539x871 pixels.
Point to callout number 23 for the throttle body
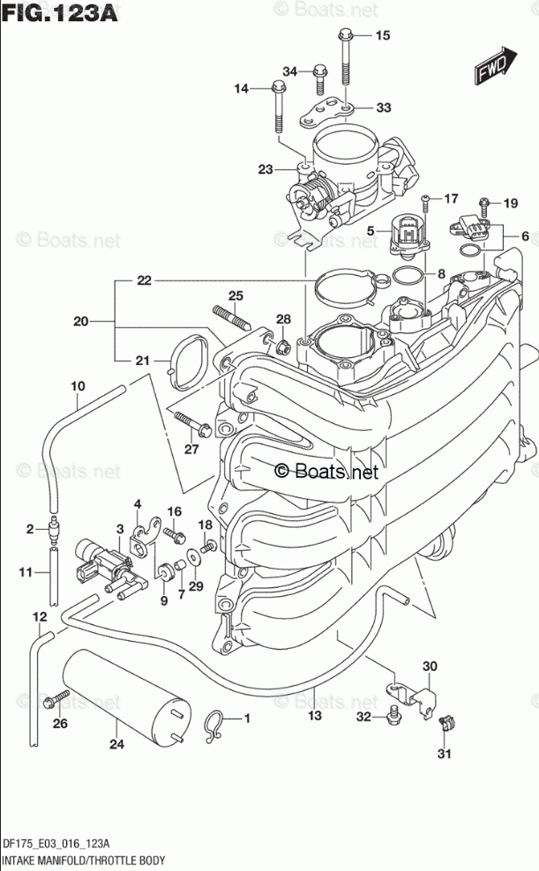point(266,169)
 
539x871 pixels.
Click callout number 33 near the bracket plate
point(383,108)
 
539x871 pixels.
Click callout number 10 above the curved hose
point(78,386)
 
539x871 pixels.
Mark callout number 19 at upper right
point(510,204)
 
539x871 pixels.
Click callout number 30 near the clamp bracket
point(430,666)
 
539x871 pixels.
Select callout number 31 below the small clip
point(445,753)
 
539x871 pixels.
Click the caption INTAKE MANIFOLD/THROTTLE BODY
point(86,859)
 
